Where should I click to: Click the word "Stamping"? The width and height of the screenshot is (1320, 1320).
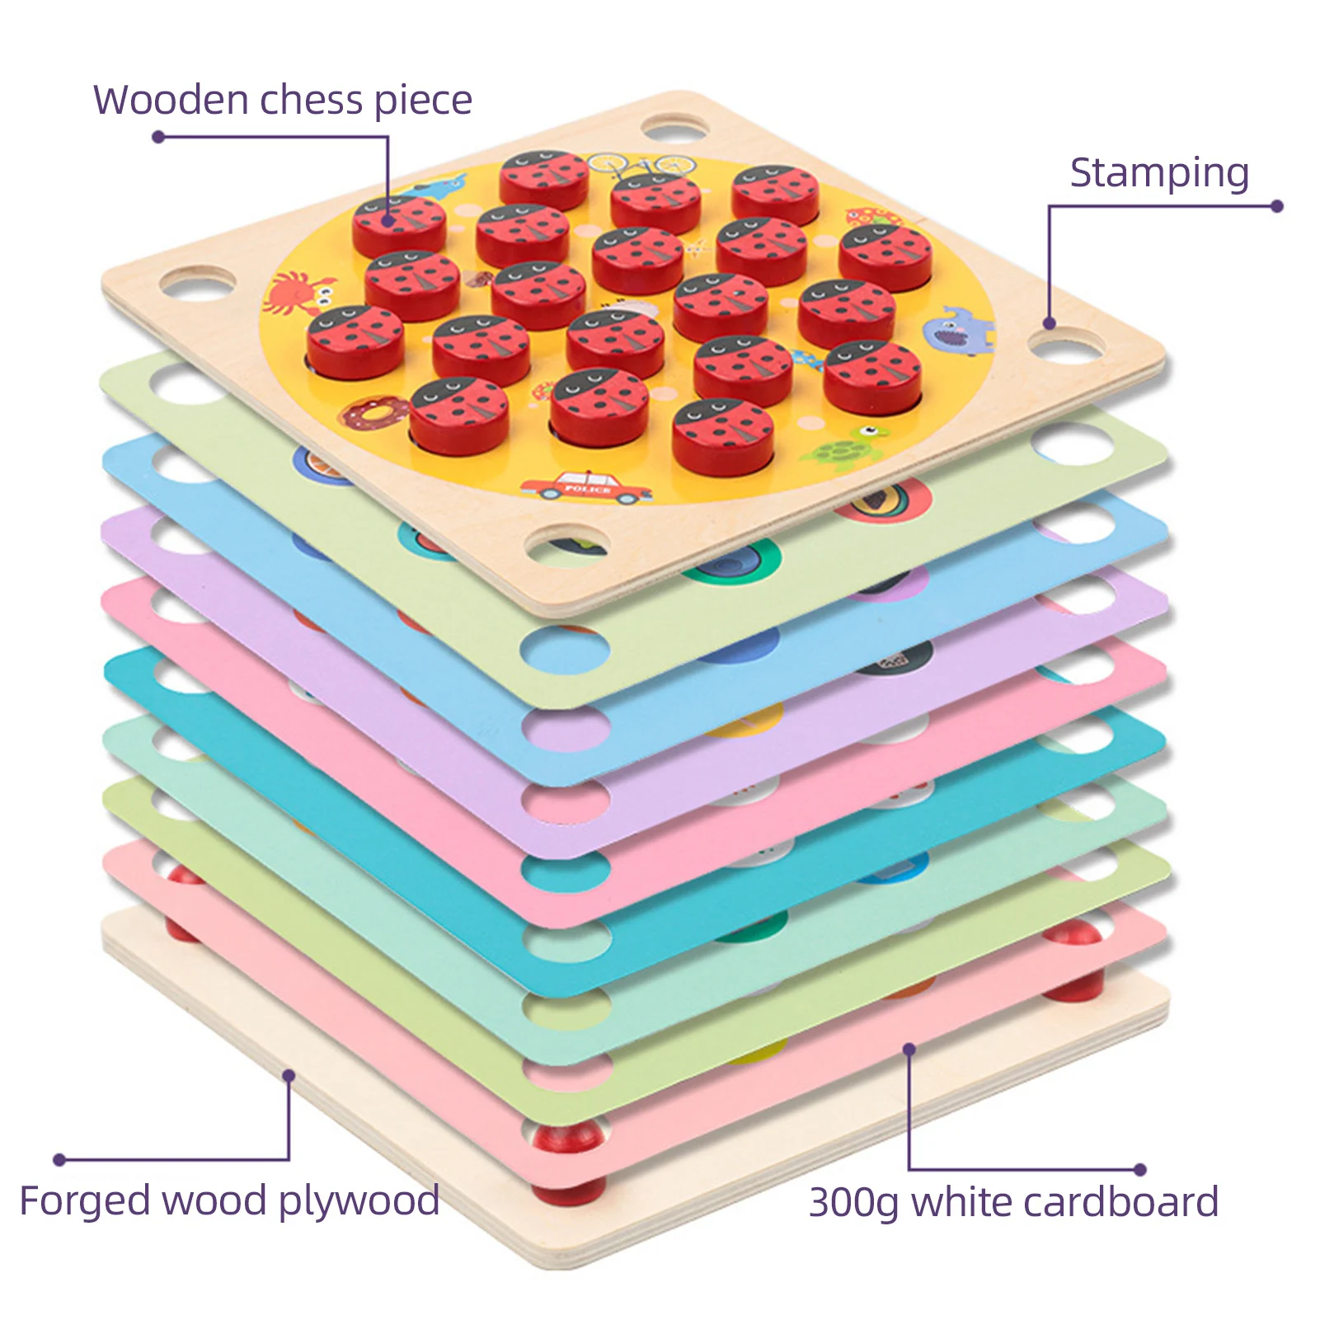pos(1159,174)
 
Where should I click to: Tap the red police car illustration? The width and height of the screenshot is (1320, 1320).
pos(586,488)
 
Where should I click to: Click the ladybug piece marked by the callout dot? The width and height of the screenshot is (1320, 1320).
pos(399,225)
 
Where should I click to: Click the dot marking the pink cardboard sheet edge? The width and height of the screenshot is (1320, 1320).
pos(909,1050)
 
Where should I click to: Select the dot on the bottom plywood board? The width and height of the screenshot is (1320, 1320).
pos(289,1076)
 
